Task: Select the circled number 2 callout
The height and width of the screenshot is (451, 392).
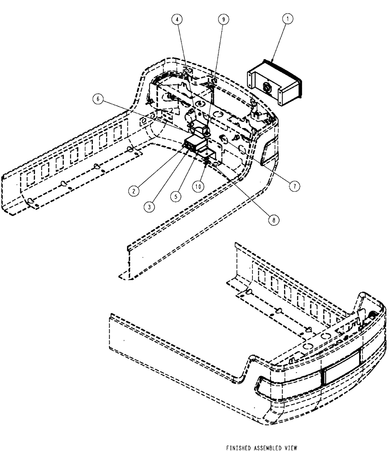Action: coord(133,191)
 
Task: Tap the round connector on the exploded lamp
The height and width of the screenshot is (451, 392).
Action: coord(266,85)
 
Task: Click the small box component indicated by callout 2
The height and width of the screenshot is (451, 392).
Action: coord(193,145)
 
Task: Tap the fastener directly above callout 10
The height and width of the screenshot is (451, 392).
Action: coord(206,165)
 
